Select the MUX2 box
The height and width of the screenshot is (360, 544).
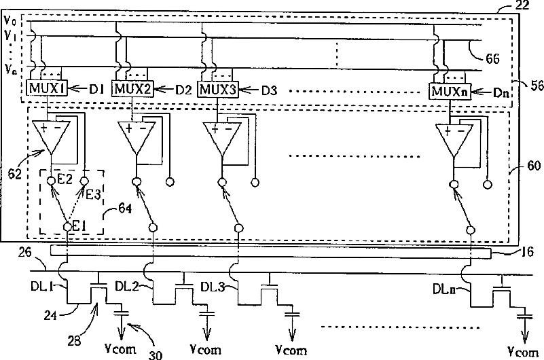click(x=132, y=88)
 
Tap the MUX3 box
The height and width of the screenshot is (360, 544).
click(x=219, y=88)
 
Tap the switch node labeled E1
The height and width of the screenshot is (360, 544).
click(x=68, y=226)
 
